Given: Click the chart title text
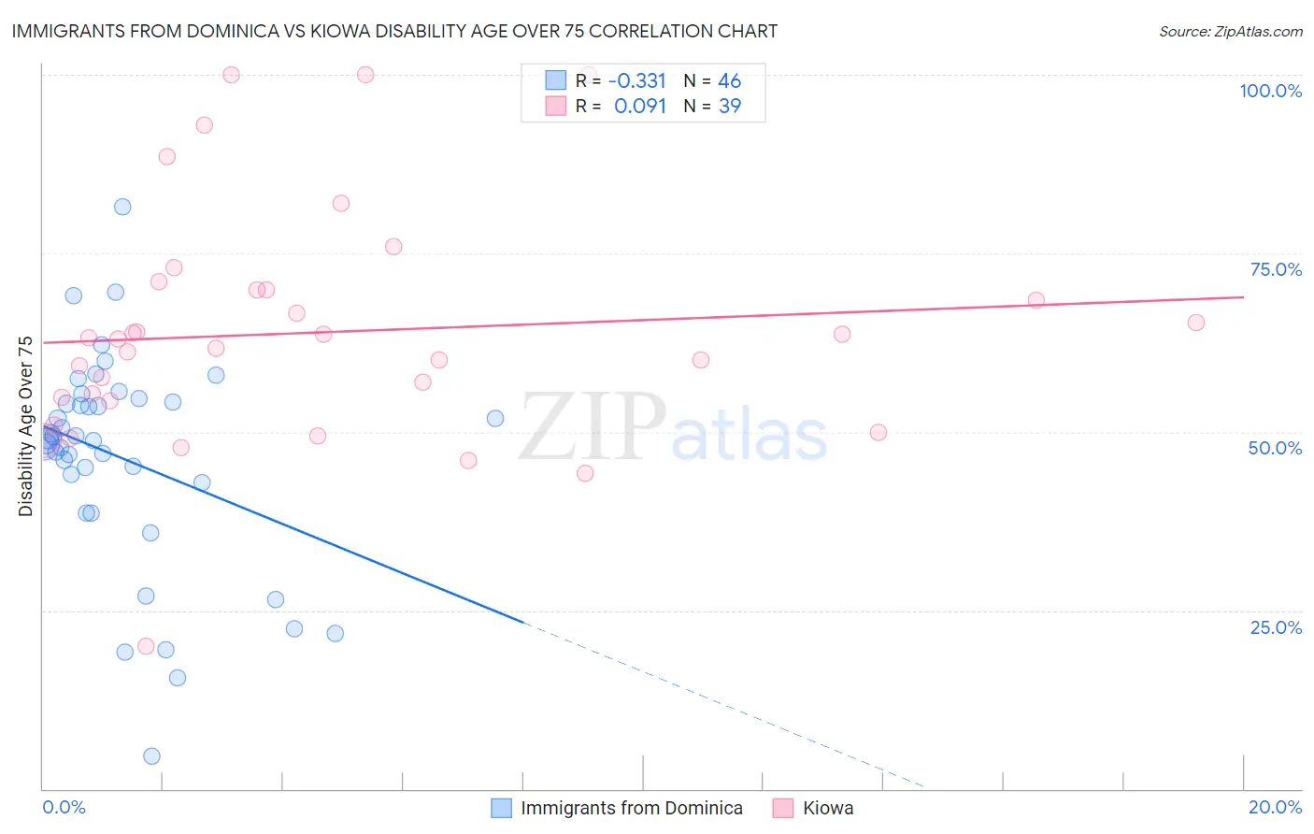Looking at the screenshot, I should click(394, 32).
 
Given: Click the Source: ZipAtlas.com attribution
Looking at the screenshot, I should click(1230, 32).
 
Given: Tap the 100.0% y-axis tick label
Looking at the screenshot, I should click(1270, 91).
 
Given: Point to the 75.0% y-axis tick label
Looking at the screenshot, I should click(1276, 269).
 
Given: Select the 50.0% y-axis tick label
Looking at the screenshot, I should click(1275, 448).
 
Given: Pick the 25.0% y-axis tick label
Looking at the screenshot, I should click(1276, 627).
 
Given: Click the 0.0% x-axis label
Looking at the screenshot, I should click(64, 807).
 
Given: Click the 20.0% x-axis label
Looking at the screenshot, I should click(1275, 807).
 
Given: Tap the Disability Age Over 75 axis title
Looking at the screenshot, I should click(25, 426).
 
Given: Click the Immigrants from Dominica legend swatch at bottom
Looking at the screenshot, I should click(502, 809).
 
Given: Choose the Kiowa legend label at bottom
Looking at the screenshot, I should click(828, 809).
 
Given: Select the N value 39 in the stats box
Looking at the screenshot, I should click(729, 107).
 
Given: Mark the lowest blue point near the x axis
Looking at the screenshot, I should click(151, 756).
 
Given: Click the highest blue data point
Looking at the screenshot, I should click(122, 208).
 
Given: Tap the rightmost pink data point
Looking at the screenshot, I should click(1195, 323).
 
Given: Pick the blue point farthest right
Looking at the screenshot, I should click(495, 418).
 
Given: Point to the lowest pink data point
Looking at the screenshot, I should click(146, 646).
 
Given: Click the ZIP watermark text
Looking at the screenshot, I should click(592, 427).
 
